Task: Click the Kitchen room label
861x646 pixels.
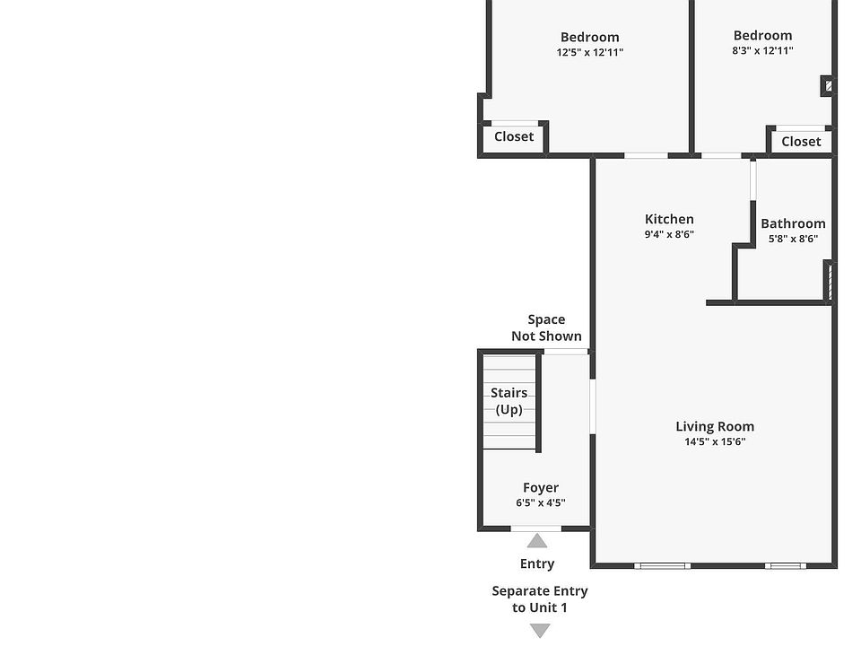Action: click(669, 219)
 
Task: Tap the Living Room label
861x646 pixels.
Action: click(715, 426)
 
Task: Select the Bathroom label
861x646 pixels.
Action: click(793, 223)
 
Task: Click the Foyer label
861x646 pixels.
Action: click(541, 488)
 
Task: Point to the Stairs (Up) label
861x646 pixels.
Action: click(509, 401)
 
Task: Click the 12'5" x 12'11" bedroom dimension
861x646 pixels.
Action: click(589, 52)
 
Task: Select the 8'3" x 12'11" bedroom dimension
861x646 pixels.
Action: click(762, 51)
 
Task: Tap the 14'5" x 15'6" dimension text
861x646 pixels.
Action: click(715, 441)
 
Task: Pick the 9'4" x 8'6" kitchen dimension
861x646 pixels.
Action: click(669, 234)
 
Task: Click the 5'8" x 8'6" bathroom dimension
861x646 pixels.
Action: click(793, 239)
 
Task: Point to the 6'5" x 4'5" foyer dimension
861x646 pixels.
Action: click(541, 503)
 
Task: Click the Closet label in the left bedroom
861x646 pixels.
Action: click(514, 136)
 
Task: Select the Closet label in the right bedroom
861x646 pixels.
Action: click(801, 141)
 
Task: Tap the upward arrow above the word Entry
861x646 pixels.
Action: click(537, 540)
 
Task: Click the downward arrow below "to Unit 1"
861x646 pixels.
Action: click(540, 631)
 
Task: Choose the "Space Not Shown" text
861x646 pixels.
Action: click(546, 327)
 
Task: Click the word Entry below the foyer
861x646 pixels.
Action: click(537, 563)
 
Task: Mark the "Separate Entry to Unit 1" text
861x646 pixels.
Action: click(540, 599)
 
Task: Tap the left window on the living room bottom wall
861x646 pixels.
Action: click(662, 566)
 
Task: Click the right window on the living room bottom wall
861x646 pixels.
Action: click(785, 566)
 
